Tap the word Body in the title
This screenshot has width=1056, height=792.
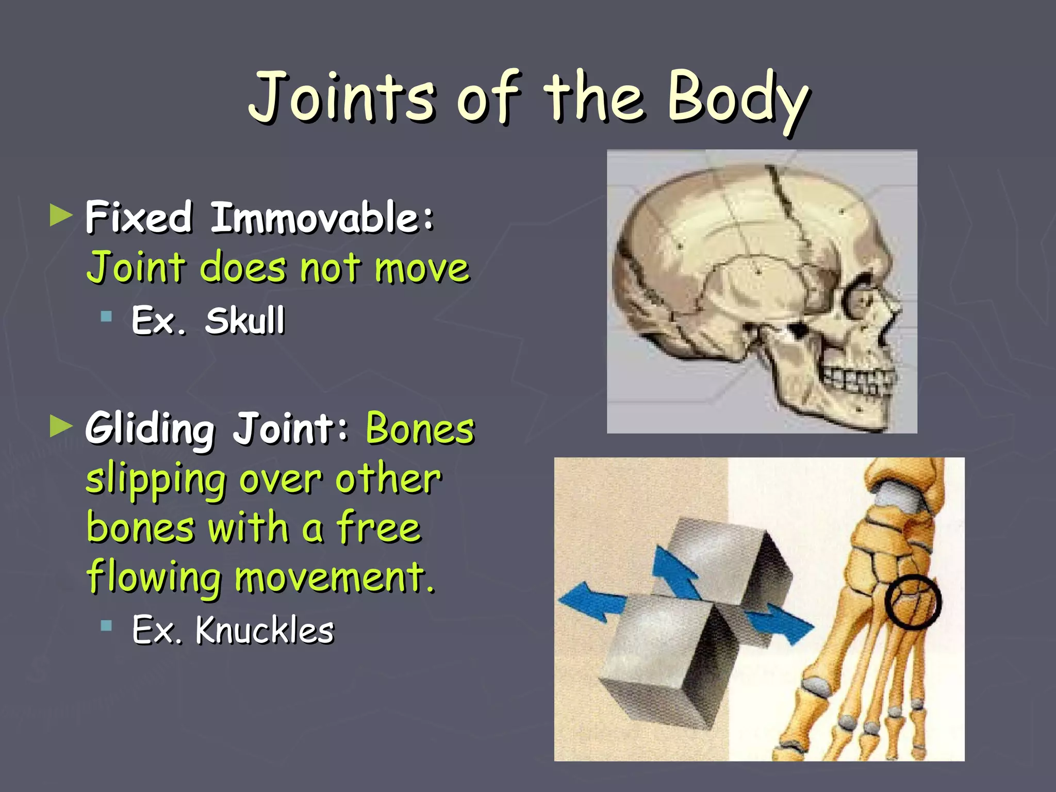click(x=737, y=98)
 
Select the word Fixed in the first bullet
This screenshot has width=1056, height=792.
click(x=139, y=217)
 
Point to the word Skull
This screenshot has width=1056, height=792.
click(x=245, y=320)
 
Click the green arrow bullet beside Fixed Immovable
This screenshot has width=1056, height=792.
click(x=61, y=215)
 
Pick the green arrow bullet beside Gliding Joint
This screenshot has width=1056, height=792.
click(x=61, y=426)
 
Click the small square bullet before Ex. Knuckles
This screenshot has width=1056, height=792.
click(x=107, y=626)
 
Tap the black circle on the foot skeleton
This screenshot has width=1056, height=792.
click(x=913, y=602)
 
